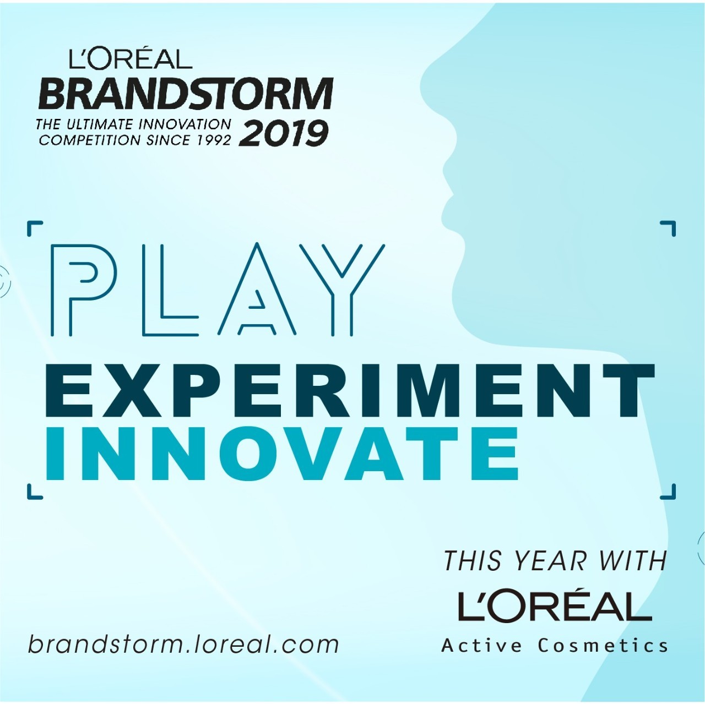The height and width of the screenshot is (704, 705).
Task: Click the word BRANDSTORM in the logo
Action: point(186,94)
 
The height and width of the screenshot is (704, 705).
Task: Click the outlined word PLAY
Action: point(218,290)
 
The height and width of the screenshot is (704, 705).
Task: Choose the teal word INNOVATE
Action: point(281,454)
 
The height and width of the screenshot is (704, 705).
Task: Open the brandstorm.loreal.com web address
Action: point(183,645)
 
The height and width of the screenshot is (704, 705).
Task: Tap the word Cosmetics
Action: point(603,646)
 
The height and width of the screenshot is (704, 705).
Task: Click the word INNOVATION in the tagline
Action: point(185,125)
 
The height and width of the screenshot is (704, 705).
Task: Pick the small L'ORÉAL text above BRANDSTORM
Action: point(131,59)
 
